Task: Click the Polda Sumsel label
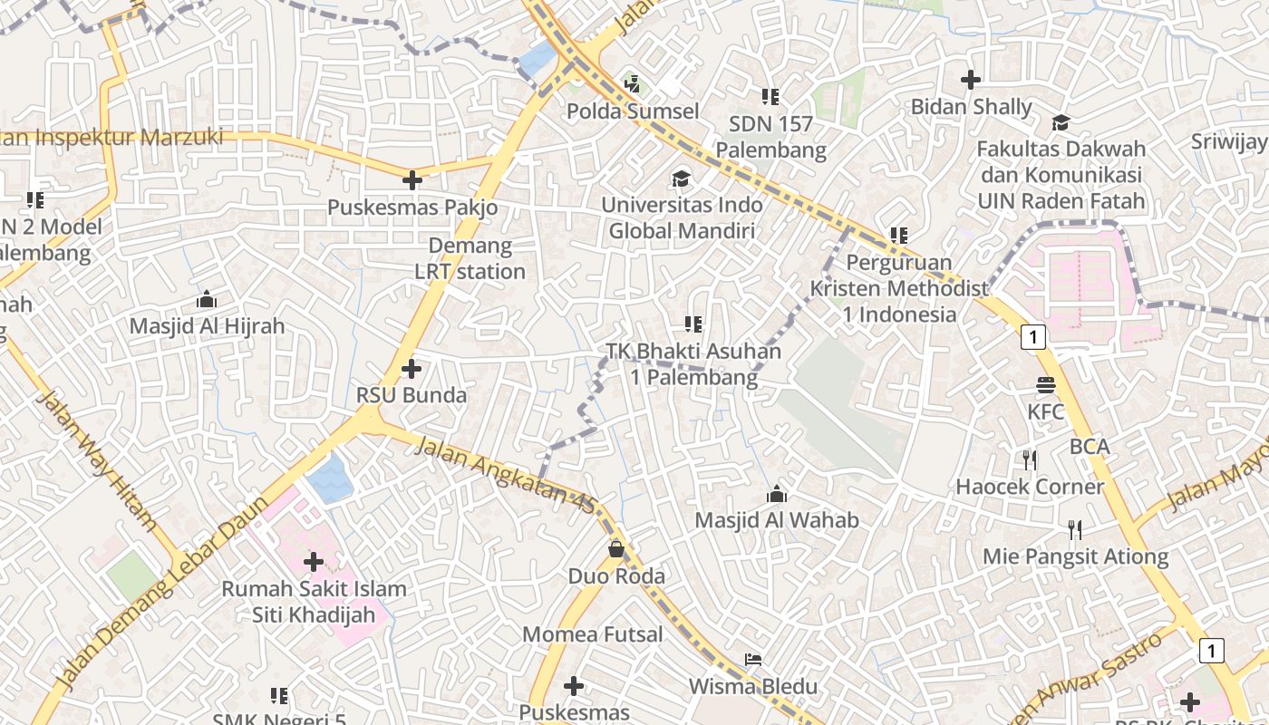(633, 111)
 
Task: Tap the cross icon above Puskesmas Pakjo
(412, 179)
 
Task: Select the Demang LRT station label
(470, 258)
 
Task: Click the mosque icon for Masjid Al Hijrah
(207, 299)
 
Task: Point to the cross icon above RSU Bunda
(412, 368)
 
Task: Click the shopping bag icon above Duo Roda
(616, 548)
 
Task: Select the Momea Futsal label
(593, 634)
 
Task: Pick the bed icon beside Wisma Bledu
(753, 659)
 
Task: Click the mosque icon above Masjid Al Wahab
(777, 494)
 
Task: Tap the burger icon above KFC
(1046, 385)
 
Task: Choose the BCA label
(1090, 446)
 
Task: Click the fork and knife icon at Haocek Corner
(1030, 460)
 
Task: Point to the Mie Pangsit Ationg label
(1076, 556)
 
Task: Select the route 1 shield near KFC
(1033, 337)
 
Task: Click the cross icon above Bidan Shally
(971, 80)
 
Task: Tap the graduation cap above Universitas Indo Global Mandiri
(681, 179)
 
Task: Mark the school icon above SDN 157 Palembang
(770, 96)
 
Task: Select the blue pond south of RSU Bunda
(329, 478)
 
